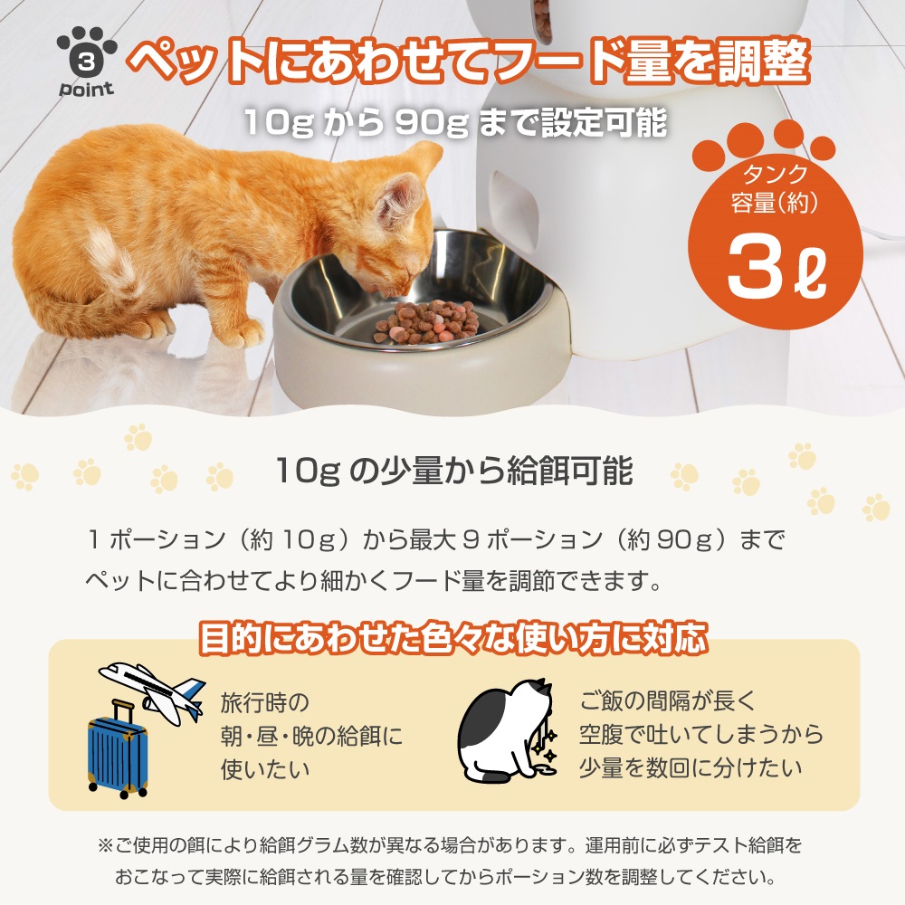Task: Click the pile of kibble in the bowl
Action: (427, 322)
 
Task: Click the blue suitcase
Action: (118, 749)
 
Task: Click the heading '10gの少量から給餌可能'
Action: (454, 471)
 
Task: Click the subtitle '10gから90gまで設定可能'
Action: (455, 122)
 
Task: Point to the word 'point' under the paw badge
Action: (87, 89)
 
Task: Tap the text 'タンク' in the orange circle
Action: (775, 173)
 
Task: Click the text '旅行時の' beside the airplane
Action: (265, 702)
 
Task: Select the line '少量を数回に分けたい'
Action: (691, 768)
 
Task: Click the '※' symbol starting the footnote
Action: (105, 846)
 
